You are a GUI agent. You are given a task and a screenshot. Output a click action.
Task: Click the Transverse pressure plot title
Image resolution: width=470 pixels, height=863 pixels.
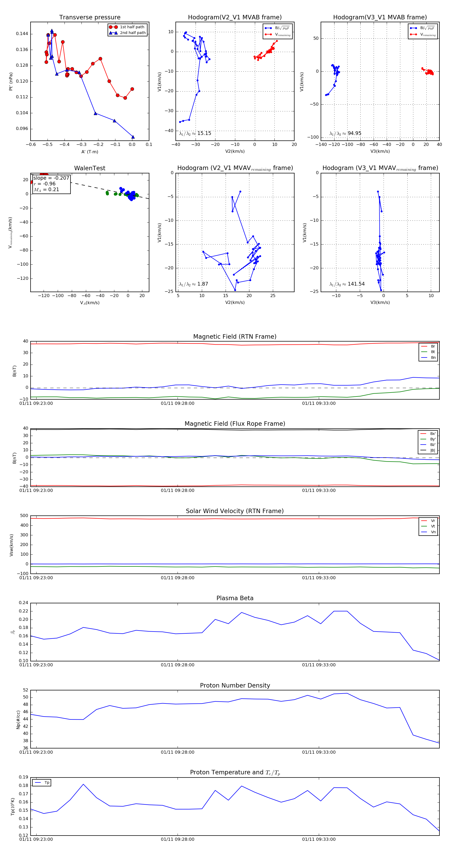90,18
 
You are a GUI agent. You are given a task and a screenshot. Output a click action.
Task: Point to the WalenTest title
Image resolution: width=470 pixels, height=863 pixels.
90,168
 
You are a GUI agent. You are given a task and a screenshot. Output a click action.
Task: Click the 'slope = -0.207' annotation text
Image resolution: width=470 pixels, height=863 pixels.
51,178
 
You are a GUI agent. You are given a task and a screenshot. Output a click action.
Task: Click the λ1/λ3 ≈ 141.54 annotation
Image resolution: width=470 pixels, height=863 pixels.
347,284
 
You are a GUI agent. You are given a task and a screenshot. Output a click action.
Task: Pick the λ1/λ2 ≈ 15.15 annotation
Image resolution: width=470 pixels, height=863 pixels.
195,133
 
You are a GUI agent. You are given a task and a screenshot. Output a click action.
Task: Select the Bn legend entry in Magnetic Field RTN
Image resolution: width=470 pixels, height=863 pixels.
433,357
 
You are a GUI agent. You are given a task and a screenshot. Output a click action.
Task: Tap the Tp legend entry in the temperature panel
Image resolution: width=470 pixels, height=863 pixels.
46,783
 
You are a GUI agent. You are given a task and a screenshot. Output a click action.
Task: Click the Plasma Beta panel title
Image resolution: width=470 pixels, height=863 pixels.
235,598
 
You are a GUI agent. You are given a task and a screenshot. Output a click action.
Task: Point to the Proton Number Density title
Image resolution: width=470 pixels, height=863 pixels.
235,685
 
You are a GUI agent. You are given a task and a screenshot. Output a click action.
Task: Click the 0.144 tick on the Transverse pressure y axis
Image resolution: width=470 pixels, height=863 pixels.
22,34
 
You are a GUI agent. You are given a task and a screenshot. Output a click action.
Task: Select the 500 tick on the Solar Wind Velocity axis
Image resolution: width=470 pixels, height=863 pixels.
24,516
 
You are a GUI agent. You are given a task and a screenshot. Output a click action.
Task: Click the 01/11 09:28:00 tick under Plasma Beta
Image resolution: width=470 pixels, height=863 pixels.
177,665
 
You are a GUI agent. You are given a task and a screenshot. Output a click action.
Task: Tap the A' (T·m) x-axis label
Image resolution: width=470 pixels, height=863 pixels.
90,152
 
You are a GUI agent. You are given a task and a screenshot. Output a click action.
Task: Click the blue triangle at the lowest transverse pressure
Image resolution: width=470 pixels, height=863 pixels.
133,137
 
